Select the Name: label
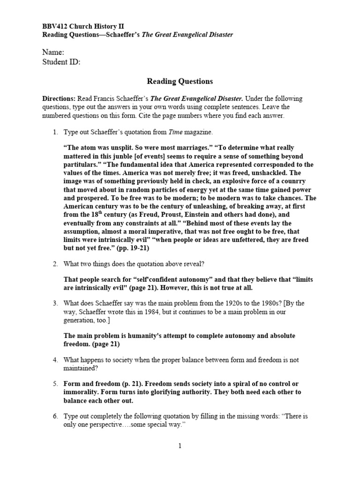53,52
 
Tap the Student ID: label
61,62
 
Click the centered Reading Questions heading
180,81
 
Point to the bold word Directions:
59,99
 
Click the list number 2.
55,264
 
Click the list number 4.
55,360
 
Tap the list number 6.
55,416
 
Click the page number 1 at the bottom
180,446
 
